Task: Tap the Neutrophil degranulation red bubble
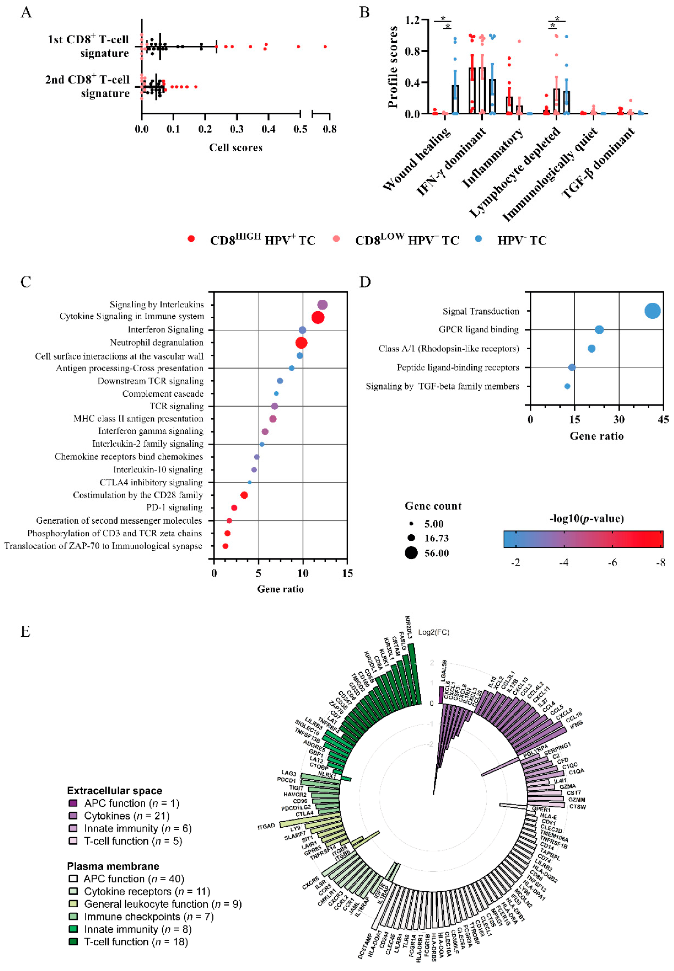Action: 301,343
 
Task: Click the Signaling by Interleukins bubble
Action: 322,305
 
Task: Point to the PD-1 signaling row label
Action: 174,507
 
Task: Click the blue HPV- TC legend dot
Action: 478,239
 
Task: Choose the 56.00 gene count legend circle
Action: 411,553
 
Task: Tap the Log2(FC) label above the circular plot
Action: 434,632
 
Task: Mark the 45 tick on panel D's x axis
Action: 663,419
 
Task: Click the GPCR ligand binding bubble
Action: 599,330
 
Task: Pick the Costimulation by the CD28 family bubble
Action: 244,495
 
